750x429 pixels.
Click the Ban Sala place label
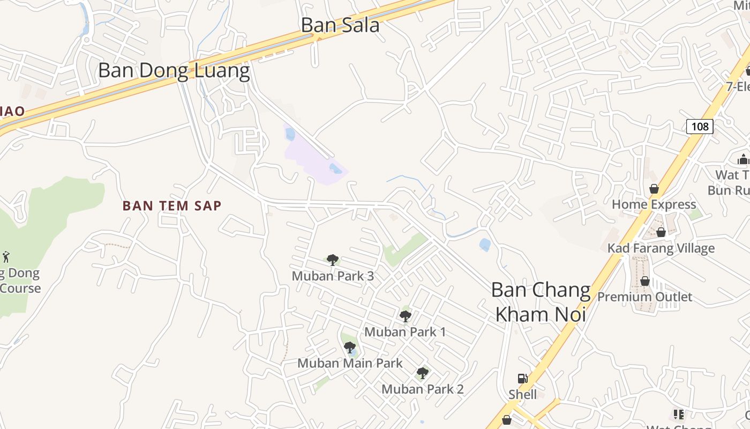pos(340,25)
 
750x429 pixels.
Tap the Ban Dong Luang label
pos(174,71)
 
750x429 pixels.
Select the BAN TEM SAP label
pos(172,205)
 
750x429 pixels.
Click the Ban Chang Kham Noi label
pos(541,302)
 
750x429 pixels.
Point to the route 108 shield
pos(700,127)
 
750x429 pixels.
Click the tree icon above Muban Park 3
pos(333,260)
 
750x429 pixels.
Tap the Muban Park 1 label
pos(405,332)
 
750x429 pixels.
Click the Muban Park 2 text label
pos(423,389)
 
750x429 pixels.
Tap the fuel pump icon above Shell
pos(522,379)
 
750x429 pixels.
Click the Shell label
pos(523,395)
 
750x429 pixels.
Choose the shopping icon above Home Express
pos(654,189)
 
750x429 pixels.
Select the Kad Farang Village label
pos(661,248)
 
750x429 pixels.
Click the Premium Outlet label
pos(645,297)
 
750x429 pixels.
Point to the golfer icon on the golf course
pos(6,256)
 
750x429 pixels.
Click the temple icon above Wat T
pos(743,159)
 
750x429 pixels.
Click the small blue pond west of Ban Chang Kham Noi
pos(485,245)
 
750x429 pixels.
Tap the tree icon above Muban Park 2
pos(423,373)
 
